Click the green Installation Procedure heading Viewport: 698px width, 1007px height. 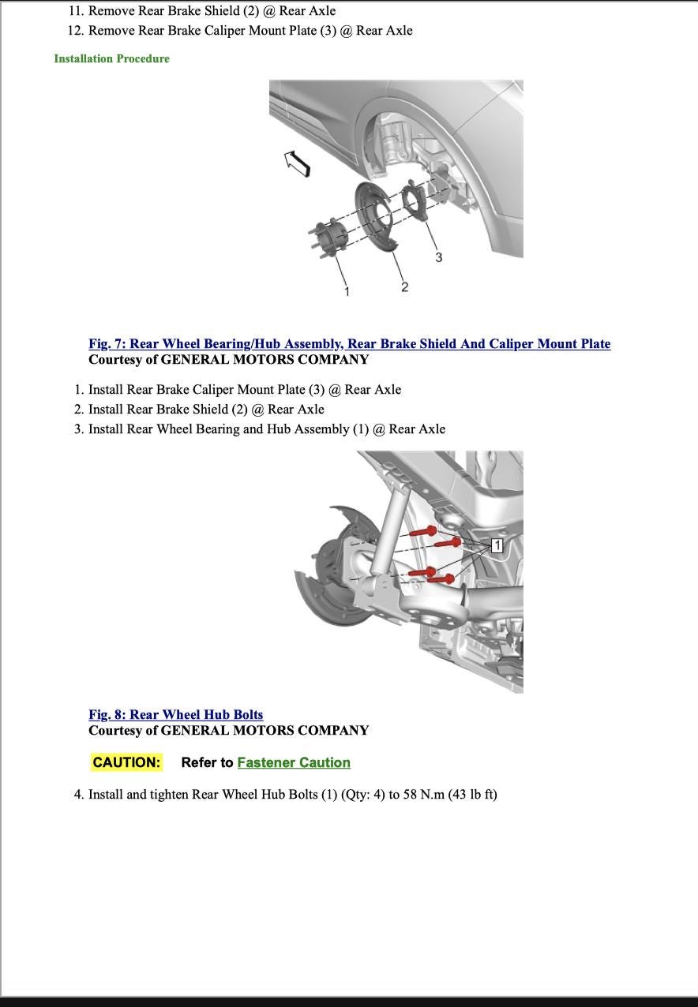(x=111, y=58)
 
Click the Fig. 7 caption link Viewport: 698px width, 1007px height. (x=349, y=344)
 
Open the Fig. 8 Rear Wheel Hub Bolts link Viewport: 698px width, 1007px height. (x=175, y=715)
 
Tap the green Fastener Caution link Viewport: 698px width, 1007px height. (x=294, y=762)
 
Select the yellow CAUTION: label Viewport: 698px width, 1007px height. (x=126, y=762)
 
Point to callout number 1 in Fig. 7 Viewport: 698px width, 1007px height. (x=346, y=291)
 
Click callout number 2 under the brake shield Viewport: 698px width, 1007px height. (x=404, y=286)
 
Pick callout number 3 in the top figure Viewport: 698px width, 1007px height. (x=439, y=257)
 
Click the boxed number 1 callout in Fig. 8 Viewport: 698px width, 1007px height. (x=497, y=545)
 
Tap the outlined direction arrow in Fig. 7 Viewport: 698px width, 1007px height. (x=298, y=163)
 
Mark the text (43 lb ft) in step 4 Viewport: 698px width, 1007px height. (x=472, y=794)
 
